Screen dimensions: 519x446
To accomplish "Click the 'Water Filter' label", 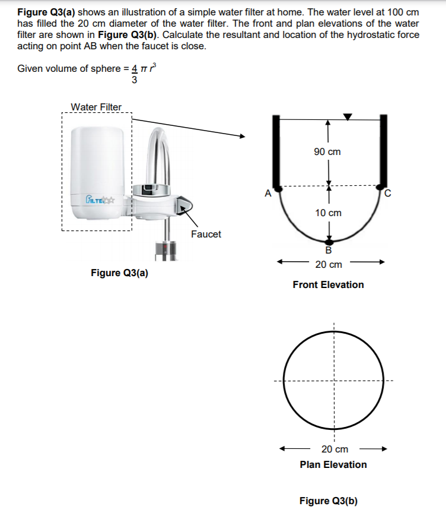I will (x=96, y=107).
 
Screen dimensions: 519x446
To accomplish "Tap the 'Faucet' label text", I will (x=206, y=234).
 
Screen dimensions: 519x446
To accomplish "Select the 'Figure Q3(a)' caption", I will (x=119, y=273).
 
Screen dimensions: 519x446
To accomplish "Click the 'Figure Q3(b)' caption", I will (x=329, y=501).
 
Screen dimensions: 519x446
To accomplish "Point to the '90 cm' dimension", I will (x=327, y=151).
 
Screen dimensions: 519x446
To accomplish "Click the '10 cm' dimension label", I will (x=327, y=213).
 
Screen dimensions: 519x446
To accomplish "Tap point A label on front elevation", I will (x=267, y=192).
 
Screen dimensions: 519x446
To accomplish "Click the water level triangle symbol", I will (x=348, y=116).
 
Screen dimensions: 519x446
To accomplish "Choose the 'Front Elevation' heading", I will (x=328, y=284).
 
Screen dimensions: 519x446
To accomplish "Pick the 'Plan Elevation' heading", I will (x=333, y=464).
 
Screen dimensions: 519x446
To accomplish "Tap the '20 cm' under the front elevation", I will (x=328, y=264).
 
